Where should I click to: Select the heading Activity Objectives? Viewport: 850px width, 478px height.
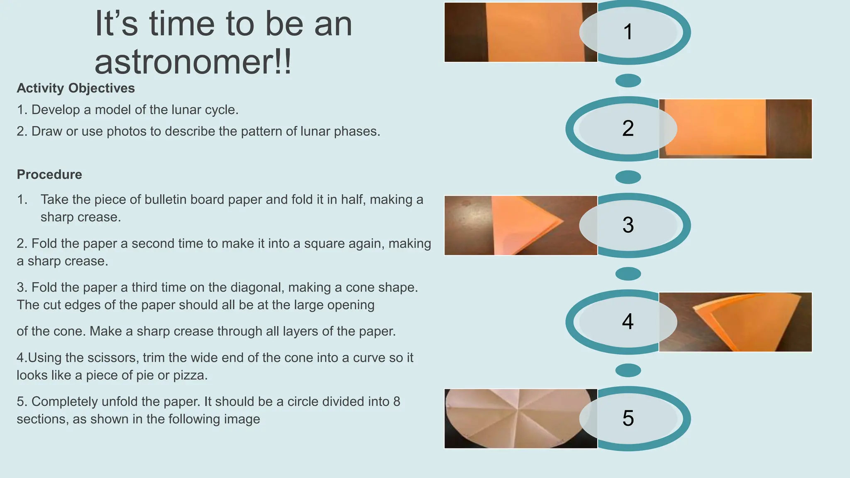[76, 88]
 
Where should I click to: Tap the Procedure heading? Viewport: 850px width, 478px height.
[49, 174]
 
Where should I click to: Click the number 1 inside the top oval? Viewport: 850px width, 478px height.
[628, 32]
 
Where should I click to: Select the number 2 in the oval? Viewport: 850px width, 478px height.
[628, 128]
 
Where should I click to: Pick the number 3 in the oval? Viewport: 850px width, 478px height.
[628, 225]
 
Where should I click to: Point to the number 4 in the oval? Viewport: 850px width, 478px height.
[628, 322]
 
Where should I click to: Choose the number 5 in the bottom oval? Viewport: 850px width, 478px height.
[628, 418]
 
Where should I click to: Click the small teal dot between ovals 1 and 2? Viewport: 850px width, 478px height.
[628, 80]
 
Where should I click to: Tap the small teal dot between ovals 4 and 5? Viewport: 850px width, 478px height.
[628, 370]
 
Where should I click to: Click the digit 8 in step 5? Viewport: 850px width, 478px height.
[396, 401]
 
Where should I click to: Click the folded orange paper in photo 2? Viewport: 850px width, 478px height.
[718, 129]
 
